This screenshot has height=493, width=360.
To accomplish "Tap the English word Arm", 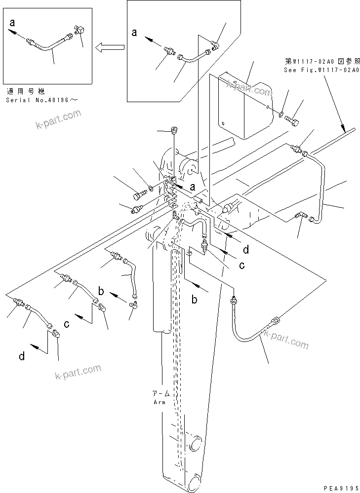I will tap(159, 402).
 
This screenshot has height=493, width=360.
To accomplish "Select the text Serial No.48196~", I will tap(42, 100).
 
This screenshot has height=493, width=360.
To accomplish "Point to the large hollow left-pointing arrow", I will tap(109, 47).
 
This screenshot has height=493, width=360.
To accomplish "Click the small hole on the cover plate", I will tap(223, 123).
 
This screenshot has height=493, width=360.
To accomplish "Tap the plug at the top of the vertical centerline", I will tap(174, 131).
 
